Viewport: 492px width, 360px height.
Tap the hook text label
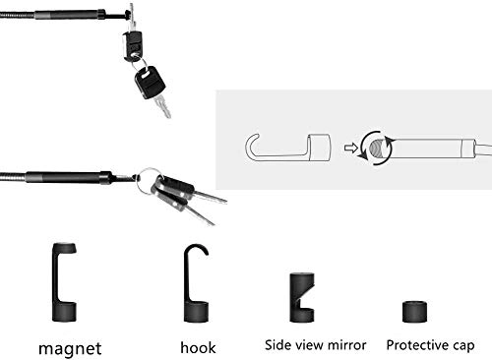pyautogui.click(x=199, y=346)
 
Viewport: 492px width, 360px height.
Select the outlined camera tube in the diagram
pyautogui.click(x=433, y=147)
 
